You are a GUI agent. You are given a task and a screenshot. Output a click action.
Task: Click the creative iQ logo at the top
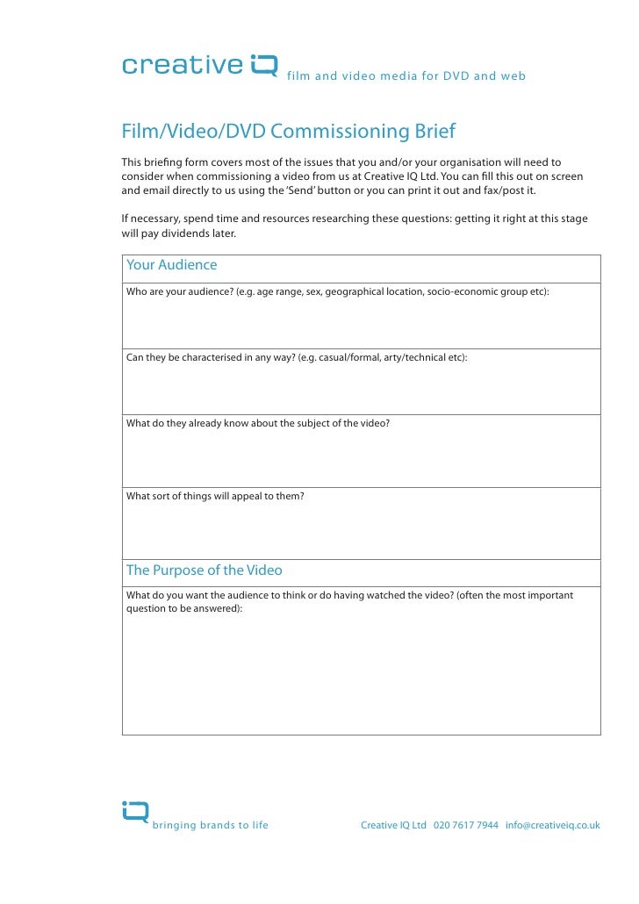(x=199, y=67)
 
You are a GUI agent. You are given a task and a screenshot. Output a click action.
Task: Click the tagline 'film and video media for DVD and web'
(x=406, y=76)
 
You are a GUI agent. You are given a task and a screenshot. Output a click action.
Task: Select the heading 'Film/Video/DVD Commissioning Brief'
(x=289, y=133)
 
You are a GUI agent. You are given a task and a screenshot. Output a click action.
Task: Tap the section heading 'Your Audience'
(x=172, y=265)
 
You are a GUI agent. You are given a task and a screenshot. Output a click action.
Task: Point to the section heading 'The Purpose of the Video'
(x=205, y=570)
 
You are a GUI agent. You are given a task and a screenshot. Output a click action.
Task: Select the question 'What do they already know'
(x=258, y=423)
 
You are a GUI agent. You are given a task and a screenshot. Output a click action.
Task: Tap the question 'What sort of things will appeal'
(x=215, y=497)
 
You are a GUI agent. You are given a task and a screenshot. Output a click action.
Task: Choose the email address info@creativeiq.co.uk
(x=553, y=826)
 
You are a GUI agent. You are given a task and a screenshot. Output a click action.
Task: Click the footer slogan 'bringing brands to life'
(x=211, y=826)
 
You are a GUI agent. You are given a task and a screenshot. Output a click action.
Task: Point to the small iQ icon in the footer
(x=135, y=813)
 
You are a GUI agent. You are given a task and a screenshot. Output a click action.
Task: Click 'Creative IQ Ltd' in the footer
(x=393, y=826)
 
